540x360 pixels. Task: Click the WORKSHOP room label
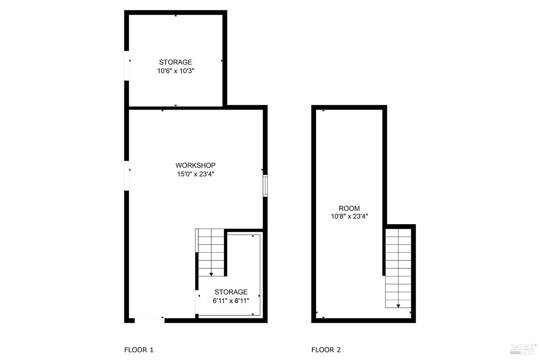(x=195, y=165)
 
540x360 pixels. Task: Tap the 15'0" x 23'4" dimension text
(x=195, y=174)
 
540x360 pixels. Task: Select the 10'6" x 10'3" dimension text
(x=175, y=71)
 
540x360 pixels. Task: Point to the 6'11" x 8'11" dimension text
(x=231, y=301)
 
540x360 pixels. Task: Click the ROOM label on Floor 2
(x=349, y=208)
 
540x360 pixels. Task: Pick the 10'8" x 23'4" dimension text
(x=349, y=217)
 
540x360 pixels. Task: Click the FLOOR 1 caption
(x=139, y=350)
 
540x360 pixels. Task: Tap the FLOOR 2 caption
(x=326, y=350)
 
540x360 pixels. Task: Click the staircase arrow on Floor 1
(x=211, y=273)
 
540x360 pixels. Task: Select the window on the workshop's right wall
(x=265, y=186)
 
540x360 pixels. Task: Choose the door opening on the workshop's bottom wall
(x=149, y=320)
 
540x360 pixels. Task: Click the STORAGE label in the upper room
(x=175, y=62)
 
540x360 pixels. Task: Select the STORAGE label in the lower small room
(x=231, y=292)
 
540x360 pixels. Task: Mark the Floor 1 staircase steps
(x=211, y=252)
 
